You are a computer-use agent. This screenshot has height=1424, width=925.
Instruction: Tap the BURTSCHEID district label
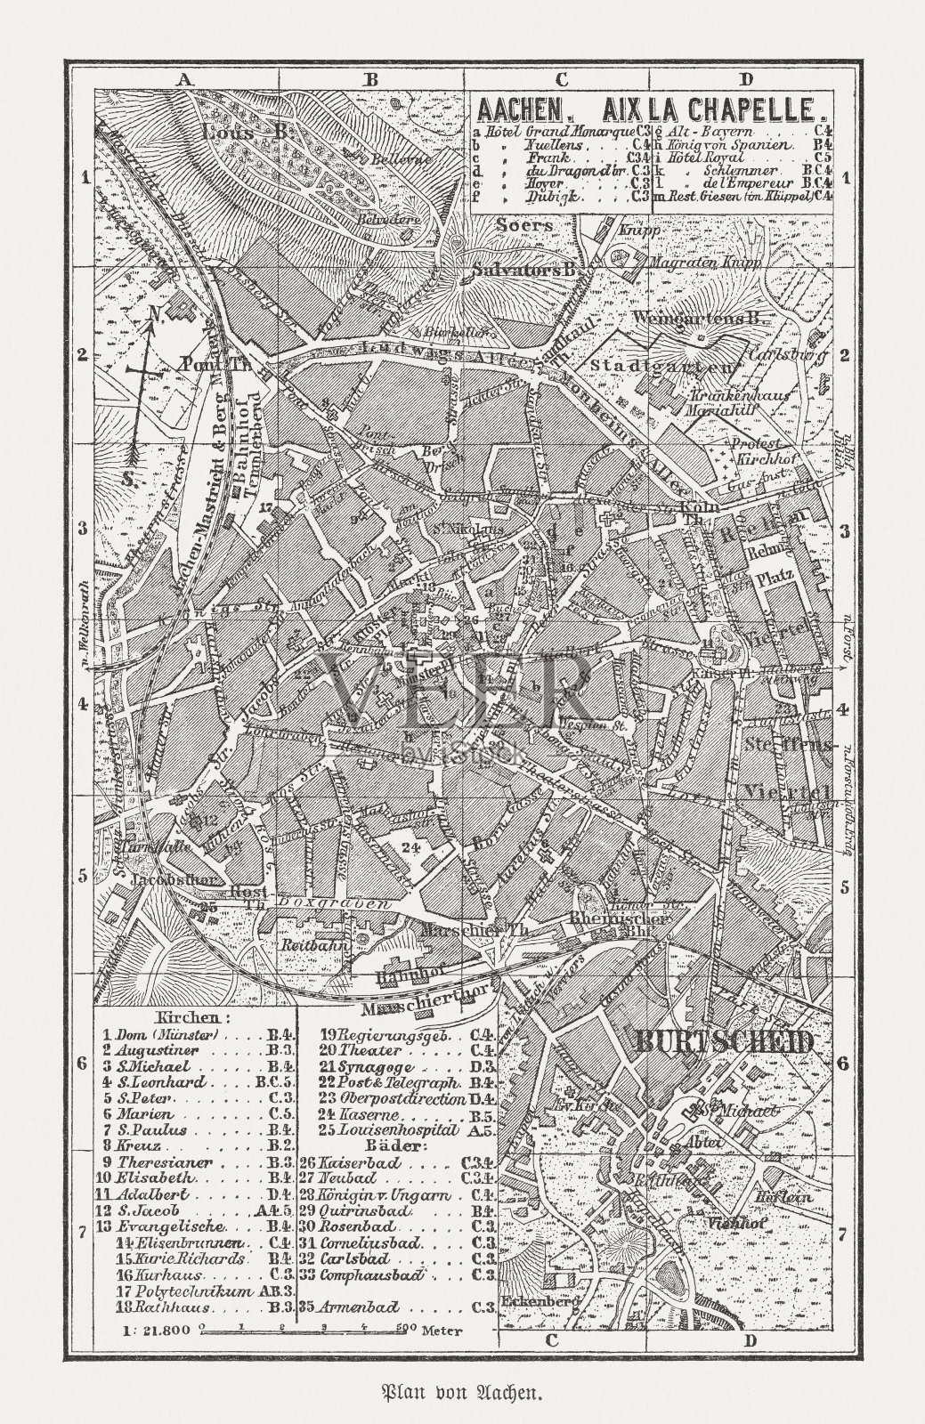point(722,1042)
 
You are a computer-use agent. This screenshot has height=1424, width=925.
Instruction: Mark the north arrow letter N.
point(154,314)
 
